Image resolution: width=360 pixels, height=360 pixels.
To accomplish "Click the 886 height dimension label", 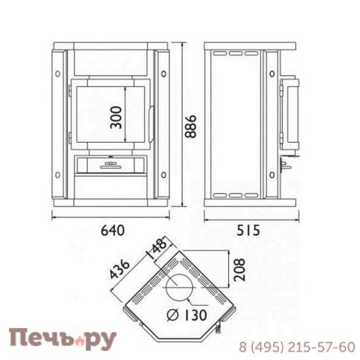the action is (x=190, y=126).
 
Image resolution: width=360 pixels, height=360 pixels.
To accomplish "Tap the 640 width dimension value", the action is (x=112, y=231).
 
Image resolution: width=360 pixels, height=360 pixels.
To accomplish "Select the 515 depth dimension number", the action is (x=248, y=231).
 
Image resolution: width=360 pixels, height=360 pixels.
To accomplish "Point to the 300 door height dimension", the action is (x=116, y=118).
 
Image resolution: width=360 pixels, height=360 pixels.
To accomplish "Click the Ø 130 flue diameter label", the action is (x=187, y=315).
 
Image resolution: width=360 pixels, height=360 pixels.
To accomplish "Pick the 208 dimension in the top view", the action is (x=240, y=270).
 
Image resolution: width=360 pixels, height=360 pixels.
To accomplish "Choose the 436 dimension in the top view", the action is (x=120, y=269).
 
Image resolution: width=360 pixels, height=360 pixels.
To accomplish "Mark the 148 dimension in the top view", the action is (x=157, y=248).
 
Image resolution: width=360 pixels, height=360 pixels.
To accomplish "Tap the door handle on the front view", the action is (x=151, y=124).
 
